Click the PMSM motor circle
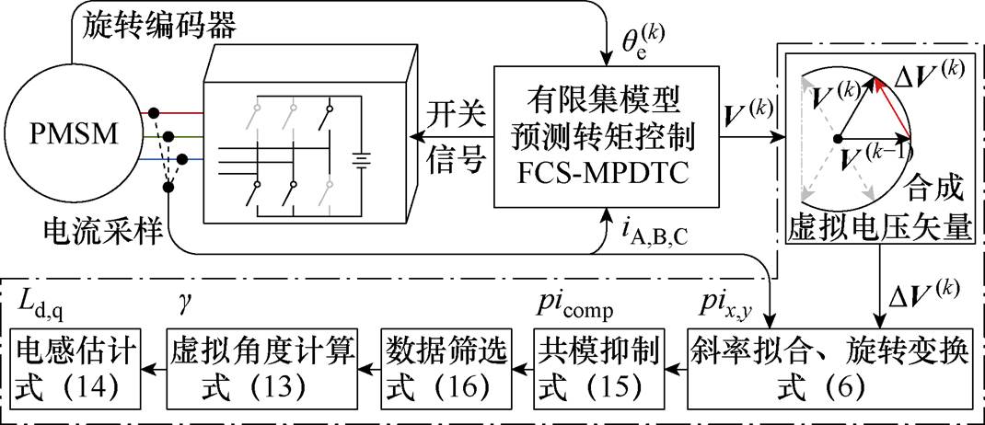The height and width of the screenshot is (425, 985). (70, 135)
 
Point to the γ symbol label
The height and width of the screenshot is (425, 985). (183, 301)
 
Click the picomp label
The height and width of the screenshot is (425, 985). (576, 301)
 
